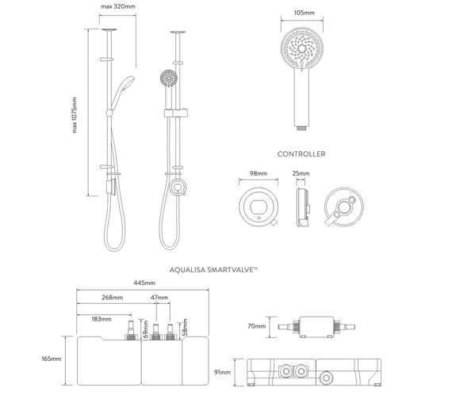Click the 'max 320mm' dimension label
tap(118, 6)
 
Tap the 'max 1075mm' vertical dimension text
tap(75, 115)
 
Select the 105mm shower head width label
tap(305, 13)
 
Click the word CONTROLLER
tap(301, 154)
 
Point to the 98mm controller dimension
tap(259, 173)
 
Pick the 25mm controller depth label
tap(301, 173)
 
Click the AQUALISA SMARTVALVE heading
tap(213, 270)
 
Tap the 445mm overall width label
tap(144, 283)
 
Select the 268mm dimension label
tap(112, 298)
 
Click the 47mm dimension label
tap(159, 298)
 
